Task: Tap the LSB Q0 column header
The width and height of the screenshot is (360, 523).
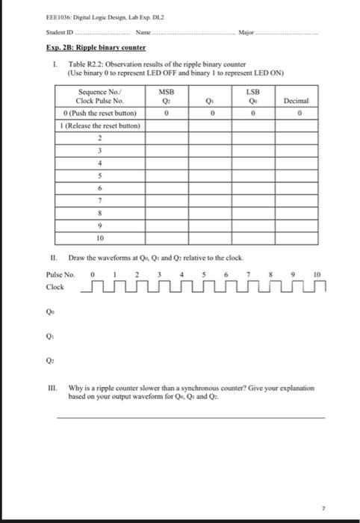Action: click(x=255, y=97)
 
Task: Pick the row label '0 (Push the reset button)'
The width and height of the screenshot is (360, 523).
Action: click(x=99, y=114)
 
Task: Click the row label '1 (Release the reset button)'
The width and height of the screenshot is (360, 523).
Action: click(x=99, y=126)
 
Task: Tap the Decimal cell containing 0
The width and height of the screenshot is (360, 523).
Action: click(x=297, y=114)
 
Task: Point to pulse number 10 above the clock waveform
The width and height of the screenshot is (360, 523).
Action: click(x=317, y=274)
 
